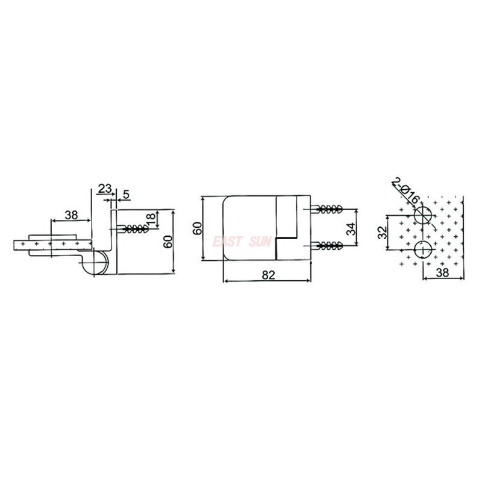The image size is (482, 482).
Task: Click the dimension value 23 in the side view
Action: (x=104, y=188)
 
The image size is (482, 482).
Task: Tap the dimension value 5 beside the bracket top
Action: (x=127, y=194)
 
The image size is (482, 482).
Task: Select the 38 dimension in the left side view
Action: (x=71, y=215)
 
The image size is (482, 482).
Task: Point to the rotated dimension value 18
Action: (x=151, y=219)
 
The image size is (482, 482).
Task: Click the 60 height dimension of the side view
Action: (x=168, y=242)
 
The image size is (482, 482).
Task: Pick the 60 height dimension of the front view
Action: (x=197, y=228)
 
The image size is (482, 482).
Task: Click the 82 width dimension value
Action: (x=268, y=275)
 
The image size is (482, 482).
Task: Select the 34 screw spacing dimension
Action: (x=351, y=228)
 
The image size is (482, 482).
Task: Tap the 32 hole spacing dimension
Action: (x=382, y=233)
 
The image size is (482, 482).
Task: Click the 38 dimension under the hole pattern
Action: (x=442, y=272)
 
